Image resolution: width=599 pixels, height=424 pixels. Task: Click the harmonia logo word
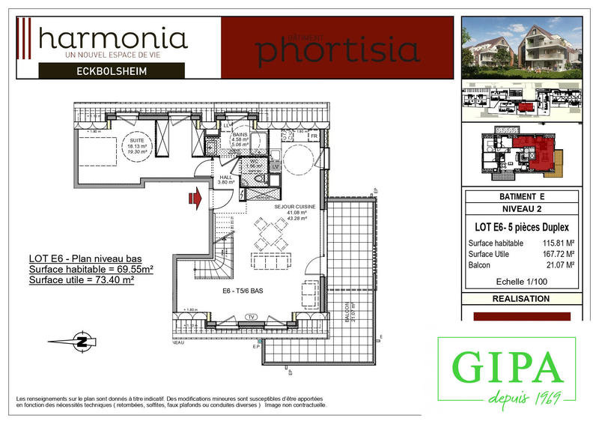tap(112, 37)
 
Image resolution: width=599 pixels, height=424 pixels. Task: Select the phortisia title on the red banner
tap(337, 49)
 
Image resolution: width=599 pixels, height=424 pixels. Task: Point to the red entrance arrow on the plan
tap(195, 198)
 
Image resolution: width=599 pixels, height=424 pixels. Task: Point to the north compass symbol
tap(79, 342)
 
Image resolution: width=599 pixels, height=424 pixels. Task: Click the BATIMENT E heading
tap(520, 196)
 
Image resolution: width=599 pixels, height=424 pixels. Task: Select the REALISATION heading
tap(520, 298)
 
